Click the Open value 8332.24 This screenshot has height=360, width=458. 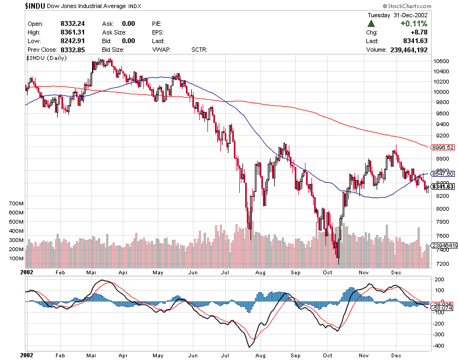72,24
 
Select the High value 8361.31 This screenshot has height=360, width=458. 72,32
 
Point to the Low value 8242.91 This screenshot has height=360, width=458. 72,41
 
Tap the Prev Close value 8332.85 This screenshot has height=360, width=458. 72,50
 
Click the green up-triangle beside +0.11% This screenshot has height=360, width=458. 371,24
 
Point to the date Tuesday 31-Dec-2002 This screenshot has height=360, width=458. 397,15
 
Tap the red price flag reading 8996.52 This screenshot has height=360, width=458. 443,147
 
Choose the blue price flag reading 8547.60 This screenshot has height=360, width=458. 443,174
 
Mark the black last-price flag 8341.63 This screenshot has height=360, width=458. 443,186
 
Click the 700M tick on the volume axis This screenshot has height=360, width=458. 17,204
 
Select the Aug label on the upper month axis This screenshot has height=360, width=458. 260,273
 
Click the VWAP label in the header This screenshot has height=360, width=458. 161,50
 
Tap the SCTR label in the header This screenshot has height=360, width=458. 199,50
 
